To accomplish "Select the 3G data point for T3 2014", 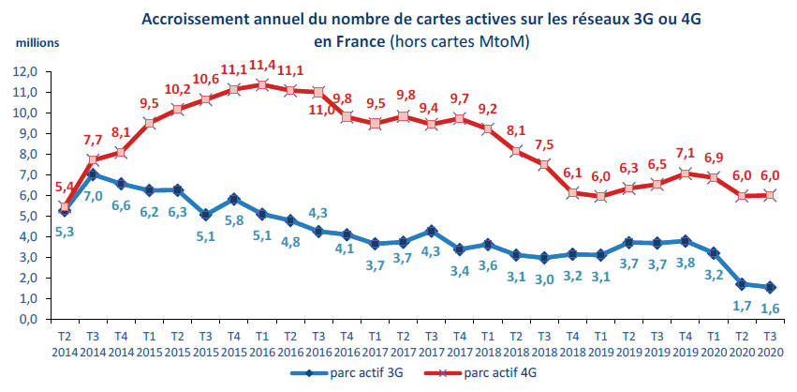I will tap(92, 174).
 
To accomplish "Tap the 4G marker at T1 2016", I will tap(262, 84).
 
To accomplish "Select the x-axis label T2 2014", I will tap(65, 344).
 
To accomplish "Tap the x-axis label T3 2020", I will tap(770, 344).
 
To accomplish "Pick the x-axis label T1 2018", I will tap(488, 344).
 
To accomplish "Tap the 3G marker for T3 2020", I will tap(770, 287).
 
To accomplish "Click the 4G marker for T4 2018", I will tap(573, 193).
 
